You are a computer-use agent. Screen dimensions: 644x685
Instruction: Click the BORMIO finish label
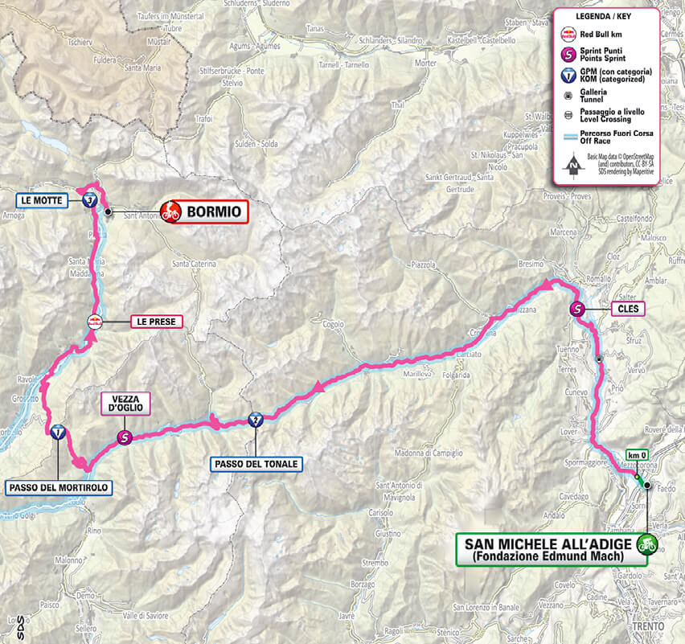point(215,212)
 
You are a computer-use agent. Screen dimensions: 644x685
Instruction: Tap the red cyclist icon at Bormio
point(170,212)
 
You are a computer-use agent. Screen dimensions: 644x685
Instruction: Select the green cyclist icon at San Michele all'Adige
point(646,545)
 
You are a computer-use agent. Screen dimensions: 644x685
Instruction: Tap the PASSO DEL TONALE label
point(256,464)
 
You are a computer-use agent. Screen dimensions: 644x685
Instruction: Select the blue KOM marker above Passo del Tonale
point(255,419)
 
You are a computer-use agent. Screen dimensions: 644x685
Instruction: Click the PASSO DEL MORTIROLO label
point(58,487)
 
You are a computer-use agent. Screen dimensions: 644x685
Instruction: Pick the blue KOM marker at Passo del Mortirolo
point(58,433)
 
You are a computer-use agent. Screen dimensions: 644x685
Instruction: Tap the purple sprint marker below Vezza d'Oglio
point(124,437)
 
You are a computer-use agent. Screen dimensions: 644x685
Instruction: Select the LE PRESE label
point(156,322)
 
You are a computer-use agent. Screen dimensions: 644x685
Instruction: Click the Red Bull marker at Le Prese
point(95,322)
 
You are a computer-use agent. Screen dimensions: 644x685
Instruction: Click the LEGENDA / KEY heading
point(605,17)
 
